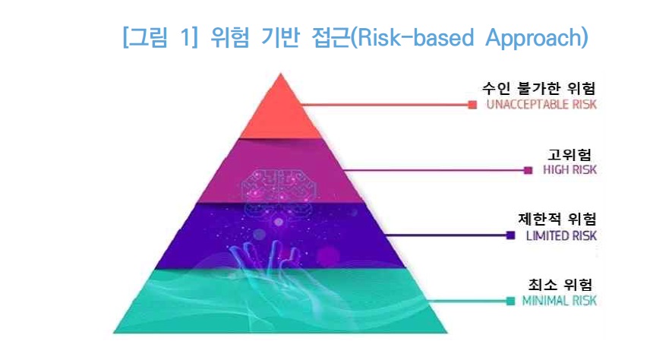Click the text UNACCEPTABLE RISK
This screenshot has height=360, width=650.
coord(541,105)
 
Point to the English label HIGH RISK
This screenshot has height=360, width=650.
coord(570,170)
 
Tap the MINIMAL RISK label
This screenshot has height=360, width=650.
coord(558,301)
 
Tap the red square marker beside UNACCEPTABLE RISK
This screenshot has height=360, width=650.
coord(472,105)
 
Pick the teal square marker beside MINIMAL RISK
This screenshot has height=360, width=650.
coord(510,301)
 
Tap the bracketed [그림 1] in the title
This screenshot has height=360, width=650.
coord(161,36)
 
